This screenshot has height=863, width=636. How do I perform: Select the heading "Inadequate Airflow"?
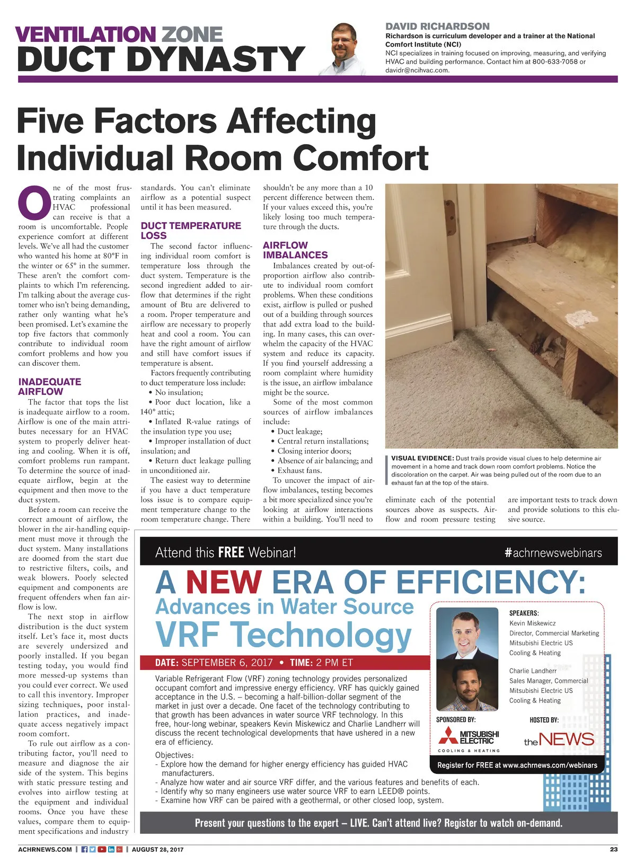click(49, 386)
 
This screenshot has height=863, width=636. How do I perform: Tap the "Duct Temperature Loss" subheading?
click(190, 231)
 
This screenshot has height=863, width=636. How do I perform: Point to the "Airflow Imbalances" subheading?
click(295, 250)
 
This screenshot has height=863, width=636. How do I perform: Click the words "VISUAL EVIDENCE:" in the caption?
click(422, 459)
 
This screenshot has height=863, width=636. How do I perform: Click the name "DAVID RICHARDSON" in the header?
click(437, 27)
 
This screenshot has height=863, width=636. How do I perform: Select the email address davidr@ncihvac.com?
click(417, 70)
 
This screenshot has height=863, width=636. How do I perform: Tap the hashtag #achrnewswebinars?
click(553, 553)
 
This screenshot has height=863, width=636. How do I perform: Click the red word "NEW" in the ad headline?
click(224, 582)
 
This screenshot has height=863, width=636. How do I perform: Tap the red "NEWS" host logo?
click(566, 739)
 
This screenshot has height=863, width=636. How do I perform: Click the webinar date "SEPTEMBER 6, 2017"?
click(227, 663)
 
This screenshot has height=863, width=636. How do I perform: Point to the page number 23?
click(613, 849)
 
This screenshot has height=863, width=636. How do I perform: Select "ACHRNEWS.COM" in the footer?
click(45, 849)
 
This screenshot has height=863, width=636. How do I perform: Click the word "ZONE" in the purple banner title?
click(192, 34)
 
